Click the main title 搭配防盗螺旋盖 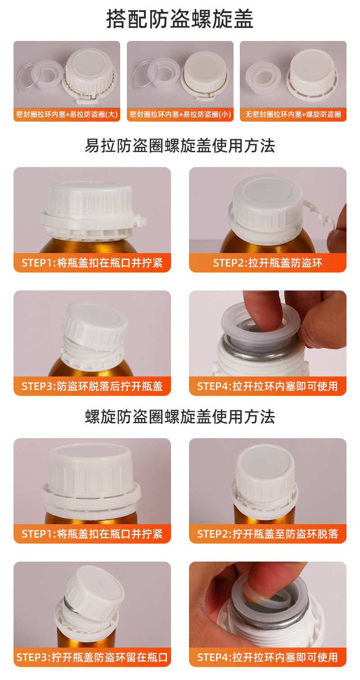(x=180, y=20)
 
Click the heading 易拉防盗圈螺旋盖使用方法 (x=180, y=146)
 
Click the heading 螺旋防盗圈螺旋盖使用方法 (x=180, y=417)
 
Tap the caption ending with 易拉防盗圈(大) (x=67, y=115)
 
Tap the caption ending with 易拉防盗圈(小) (x=180, y=115)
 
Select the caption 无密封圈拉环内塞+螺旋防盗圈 (x=293, y=115)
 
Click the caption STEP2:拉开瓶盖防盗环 (x=268, y=263)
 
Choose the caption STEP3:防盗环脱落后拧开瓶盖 (x=92, y=386)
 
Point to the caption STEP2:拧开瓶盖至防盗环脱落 (x=268, y=534)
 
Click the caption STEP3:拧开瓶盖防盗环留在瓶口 (x=92, y=657)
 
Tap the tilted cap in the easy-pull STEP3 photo (x=94, y=324)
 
